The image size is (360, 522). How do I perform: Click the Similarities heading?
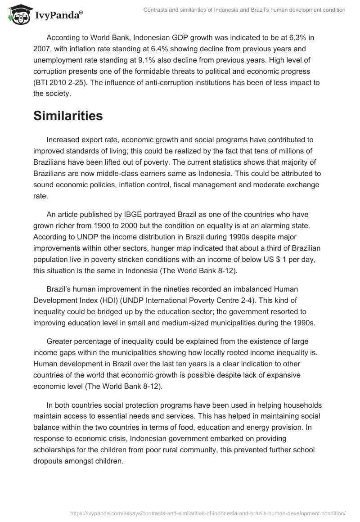[x=68, y=116]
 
